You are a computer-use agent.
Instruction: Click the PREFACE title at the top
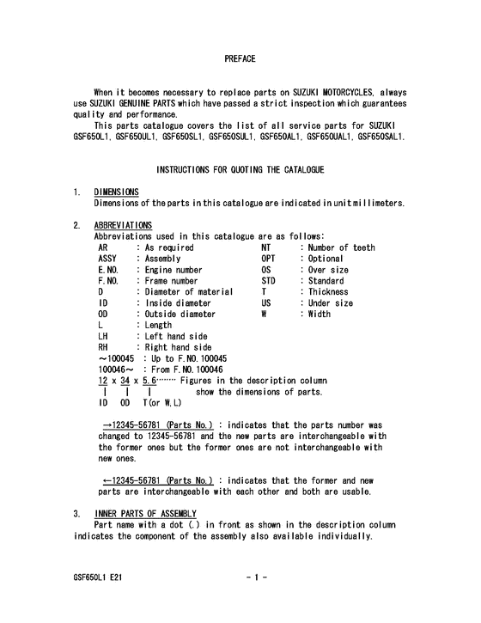240,58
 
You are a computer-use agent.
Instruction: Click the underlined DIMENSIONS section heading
117,192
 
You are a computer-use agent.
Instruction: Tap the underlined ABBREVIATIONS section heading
123,225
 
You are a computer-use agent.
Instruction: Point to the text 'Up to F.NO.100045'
185,359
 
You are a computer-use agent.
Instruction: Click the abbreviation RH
104,348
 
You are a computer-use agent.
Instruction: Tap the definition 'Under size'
330,303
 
